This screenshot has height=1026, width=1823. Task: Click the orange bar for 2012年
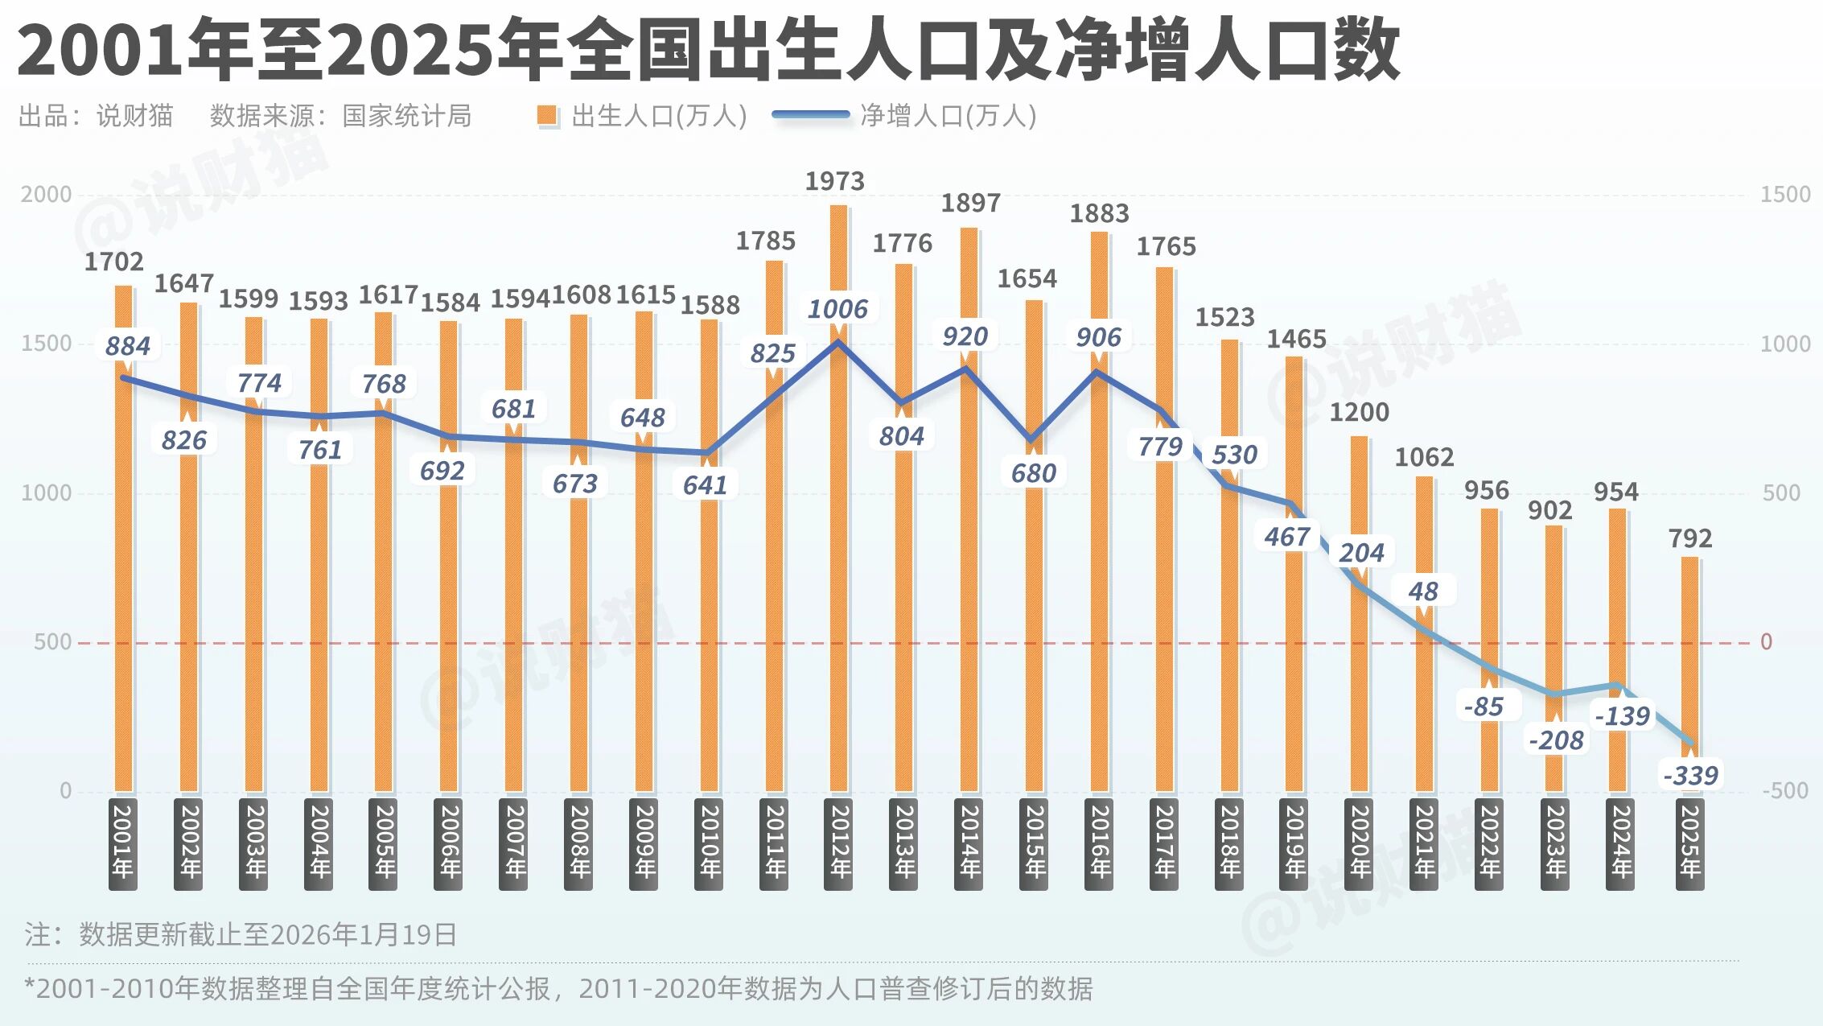point(838,563)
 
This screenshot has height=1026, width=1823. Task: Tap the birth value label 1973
point(835,182)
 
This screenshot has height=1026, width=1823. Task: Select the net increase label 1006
point(837,309)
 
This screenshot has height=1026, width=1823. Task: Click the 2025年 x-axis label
point(1689,843)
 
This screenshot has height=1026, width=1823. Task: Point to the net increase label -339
point(1690,776)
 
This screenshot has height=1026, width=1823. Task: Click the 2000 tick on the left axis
point(46,195)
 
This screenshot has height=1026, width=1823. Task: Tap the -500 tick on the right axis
point(1785,791)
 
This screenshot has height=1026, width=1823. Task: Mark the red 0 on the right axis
point(1767,642)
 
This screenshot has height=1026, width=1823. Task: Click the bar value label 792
point(1690,538)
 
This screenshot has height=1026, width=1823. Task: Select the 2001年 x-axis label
point(122,843)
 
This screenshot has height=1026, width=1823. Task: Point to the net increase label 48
point(1423,591)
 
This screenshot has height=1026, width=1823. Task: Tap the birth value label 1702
point(114,262)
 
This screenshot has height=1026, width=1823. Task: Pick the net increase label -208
point(1556,740)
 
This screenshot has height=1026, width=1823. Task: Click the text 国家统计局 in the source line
point(406,116)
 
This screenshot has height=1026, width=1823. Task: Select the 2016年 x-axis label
point(1099,843)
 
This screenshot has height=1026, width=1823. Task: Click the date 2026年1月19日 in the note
point(364,935)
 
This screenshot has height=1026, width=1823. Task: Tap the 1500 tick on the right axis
point(1785,195)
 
